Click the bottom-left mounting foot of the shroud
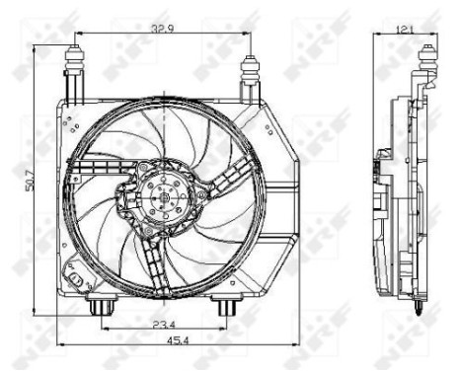[x=99, y=308]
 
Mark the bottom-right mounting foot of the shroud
[x=226, y=308]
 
